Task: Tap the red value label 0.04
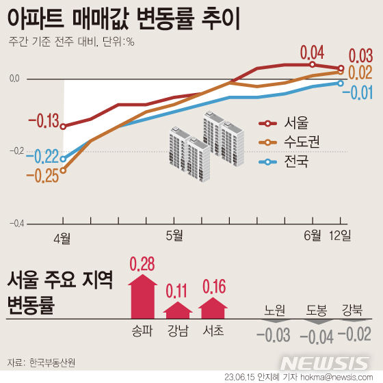312,52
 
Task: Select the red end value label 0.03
360,55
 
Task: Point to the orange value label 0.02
360,73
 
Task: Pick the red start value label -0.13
42,122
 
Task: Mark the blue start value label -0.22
42,157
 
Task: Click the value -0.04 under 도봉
317,336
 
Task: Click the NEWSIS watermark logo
326,362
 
